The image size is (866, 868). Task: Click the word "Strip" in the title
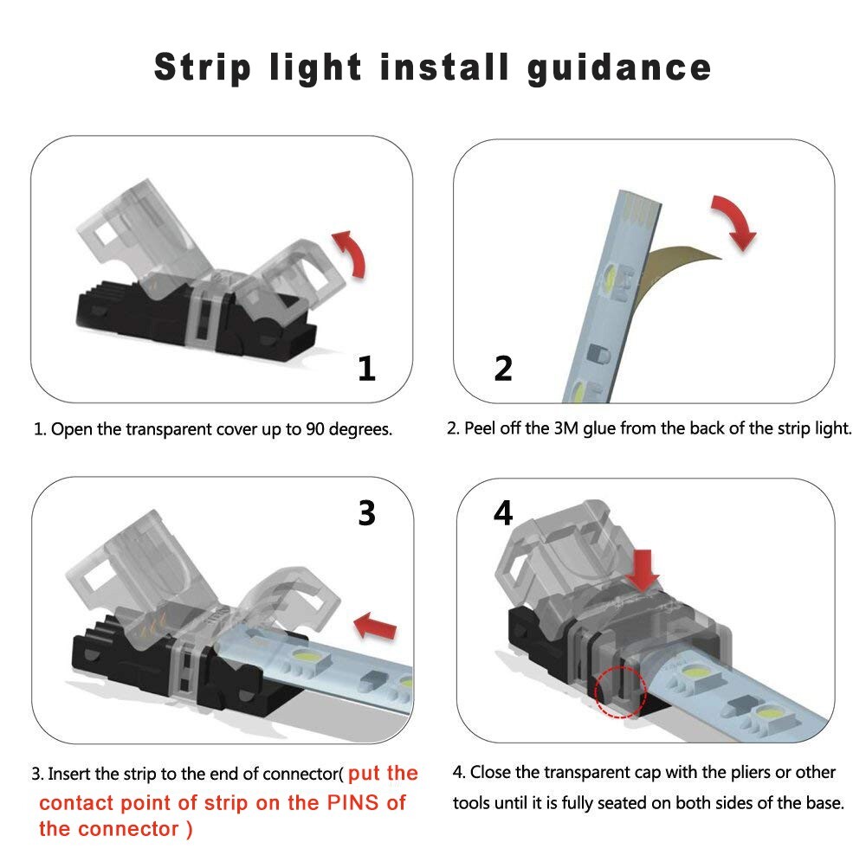(203, 68)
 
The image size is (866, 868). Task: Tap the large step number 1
(367, 370)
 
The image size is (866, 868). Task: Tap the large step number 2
(503, 370)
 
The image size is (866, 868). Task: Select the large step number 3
(367, 513)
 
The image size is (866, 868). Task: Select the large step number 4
(503, 513)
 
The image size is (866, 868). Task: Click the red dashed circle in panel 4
(621, 691)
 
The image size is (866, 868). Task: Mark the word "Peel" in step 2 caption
(481, 428)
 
